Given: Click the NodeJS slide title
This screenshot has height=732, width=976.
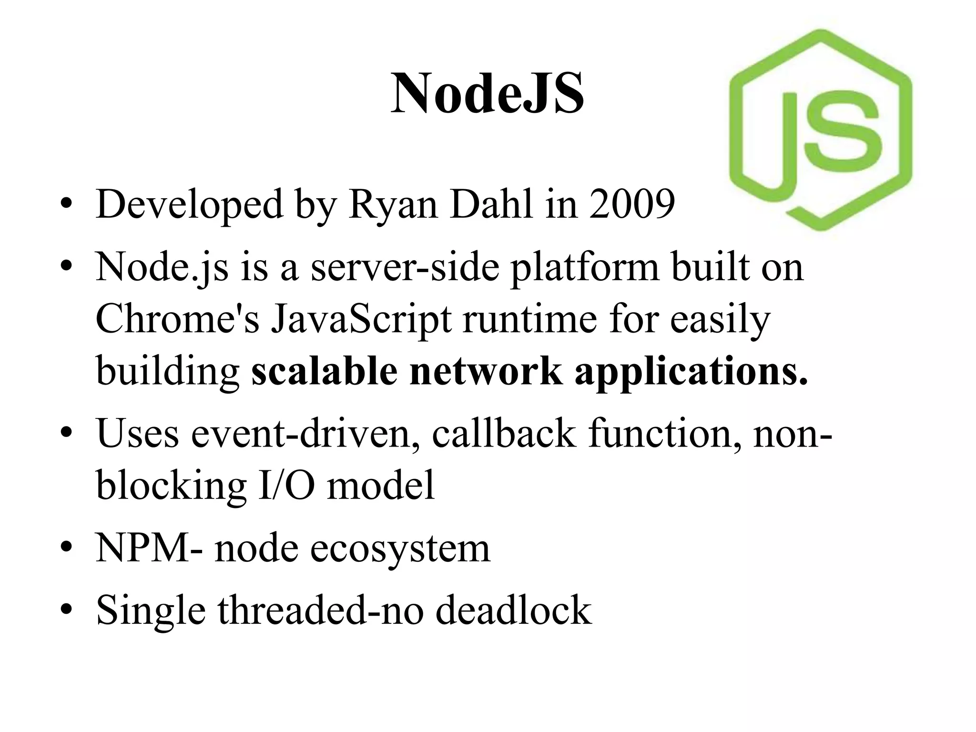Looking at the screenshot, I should coord(487,94).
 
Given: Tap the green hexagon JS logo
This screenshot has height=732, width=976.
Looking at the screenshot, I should coord(821,130).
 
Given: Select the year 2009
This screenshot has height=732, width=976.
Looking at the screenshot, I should coord(632,204).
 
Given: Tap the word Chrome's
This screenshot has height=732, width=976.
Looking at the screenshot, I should coord(177,319).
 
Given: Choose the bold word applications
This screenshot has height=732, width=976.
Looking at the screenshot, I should coord(691,372).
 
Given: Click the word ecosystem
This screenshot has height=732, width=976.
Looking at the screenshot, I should coord(400,549).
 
